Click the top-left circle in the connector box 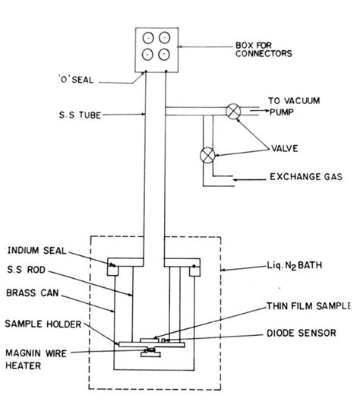coord(146,38)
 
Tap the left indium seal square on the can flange coord(115,267)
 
